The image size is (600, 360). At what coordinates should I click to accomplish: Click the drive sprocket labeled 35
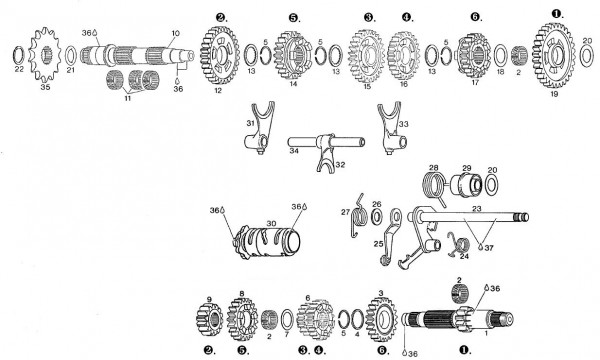44,59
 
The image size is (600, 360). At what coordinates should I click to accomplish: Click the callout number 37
488,247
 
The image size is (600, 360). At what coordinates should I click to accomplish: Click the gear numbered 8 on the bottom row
243,318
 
